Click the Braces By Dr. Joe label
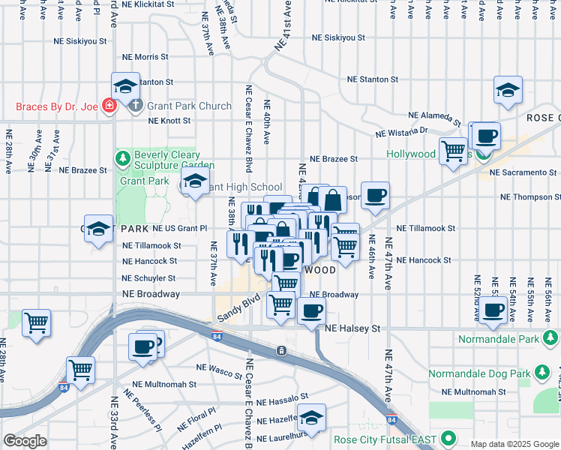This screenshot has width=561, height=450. click(x=56, y=106)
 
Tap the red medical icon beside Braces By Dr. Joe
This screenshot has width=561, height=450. click(x=109, y=106)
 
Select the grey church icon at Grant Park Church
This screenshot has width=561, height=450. click(x=136, y=106)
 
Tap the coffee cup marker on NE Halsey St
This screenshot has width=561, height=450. click(x=311, y=310)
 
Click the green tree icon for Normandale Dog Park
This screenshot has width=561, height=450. click(x=541, y=373)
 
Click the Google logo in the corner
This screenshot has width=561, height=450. click(x=25, y=441)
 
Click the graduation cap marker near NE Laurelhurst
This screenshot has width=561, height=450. click(x=311, y=418)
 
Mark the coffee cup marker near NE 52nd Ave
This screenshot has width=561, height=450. click(x=493, y=309)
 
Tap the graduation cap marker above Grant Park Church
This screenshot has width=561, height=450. click(x=126, y=85)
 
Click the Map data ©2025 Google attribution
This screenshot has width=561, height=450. click(x=514, y=444)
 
